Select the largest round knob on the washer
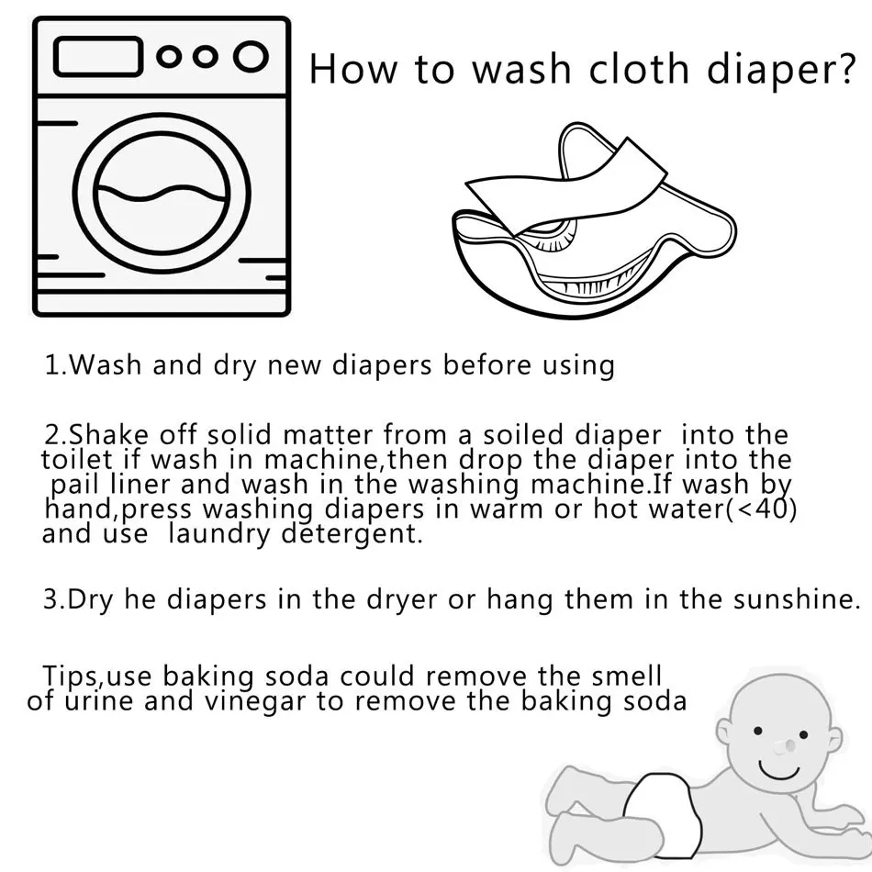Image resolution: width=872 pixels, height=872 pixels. (249, 56)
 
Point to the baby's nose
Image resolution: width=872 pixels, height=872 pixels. (782, 749)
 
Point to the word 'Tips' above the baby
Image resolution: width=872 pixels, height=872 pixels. (72, 676)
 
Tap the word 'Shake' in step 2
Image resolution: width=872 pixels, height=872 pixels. (106, 433)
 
